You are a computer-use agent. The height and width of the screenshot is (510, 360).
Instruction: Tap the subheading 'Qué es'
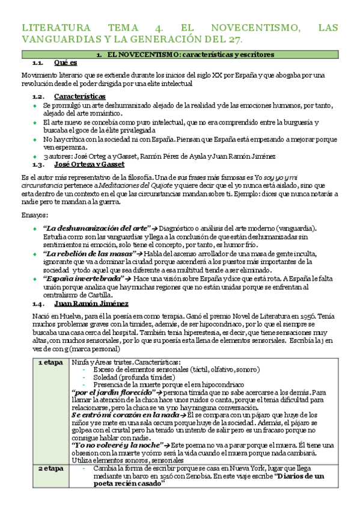pyautogui.click(x=65, y=63)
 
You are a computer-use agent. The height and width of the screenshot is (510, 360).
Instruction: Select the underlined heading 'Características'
pyautogui.click(x=79, y=96)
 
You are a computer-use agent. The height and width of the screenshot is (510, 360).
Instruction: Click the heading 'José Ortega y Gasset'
pyautogui.click(x=88, y=164)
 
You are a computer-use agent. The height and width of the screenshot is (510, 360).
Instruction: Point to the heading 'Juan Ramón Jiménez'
pyautogui.click(x=91, y=304)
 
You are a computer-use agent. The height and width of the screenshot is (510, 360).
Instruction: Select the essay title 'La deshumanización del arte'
pyautogui.click(x=96, y=229)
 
